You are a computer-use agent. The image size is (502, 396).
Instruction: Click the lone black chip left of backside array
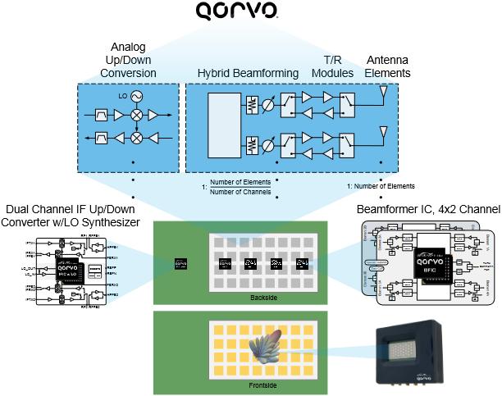(x=179, y=264)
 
